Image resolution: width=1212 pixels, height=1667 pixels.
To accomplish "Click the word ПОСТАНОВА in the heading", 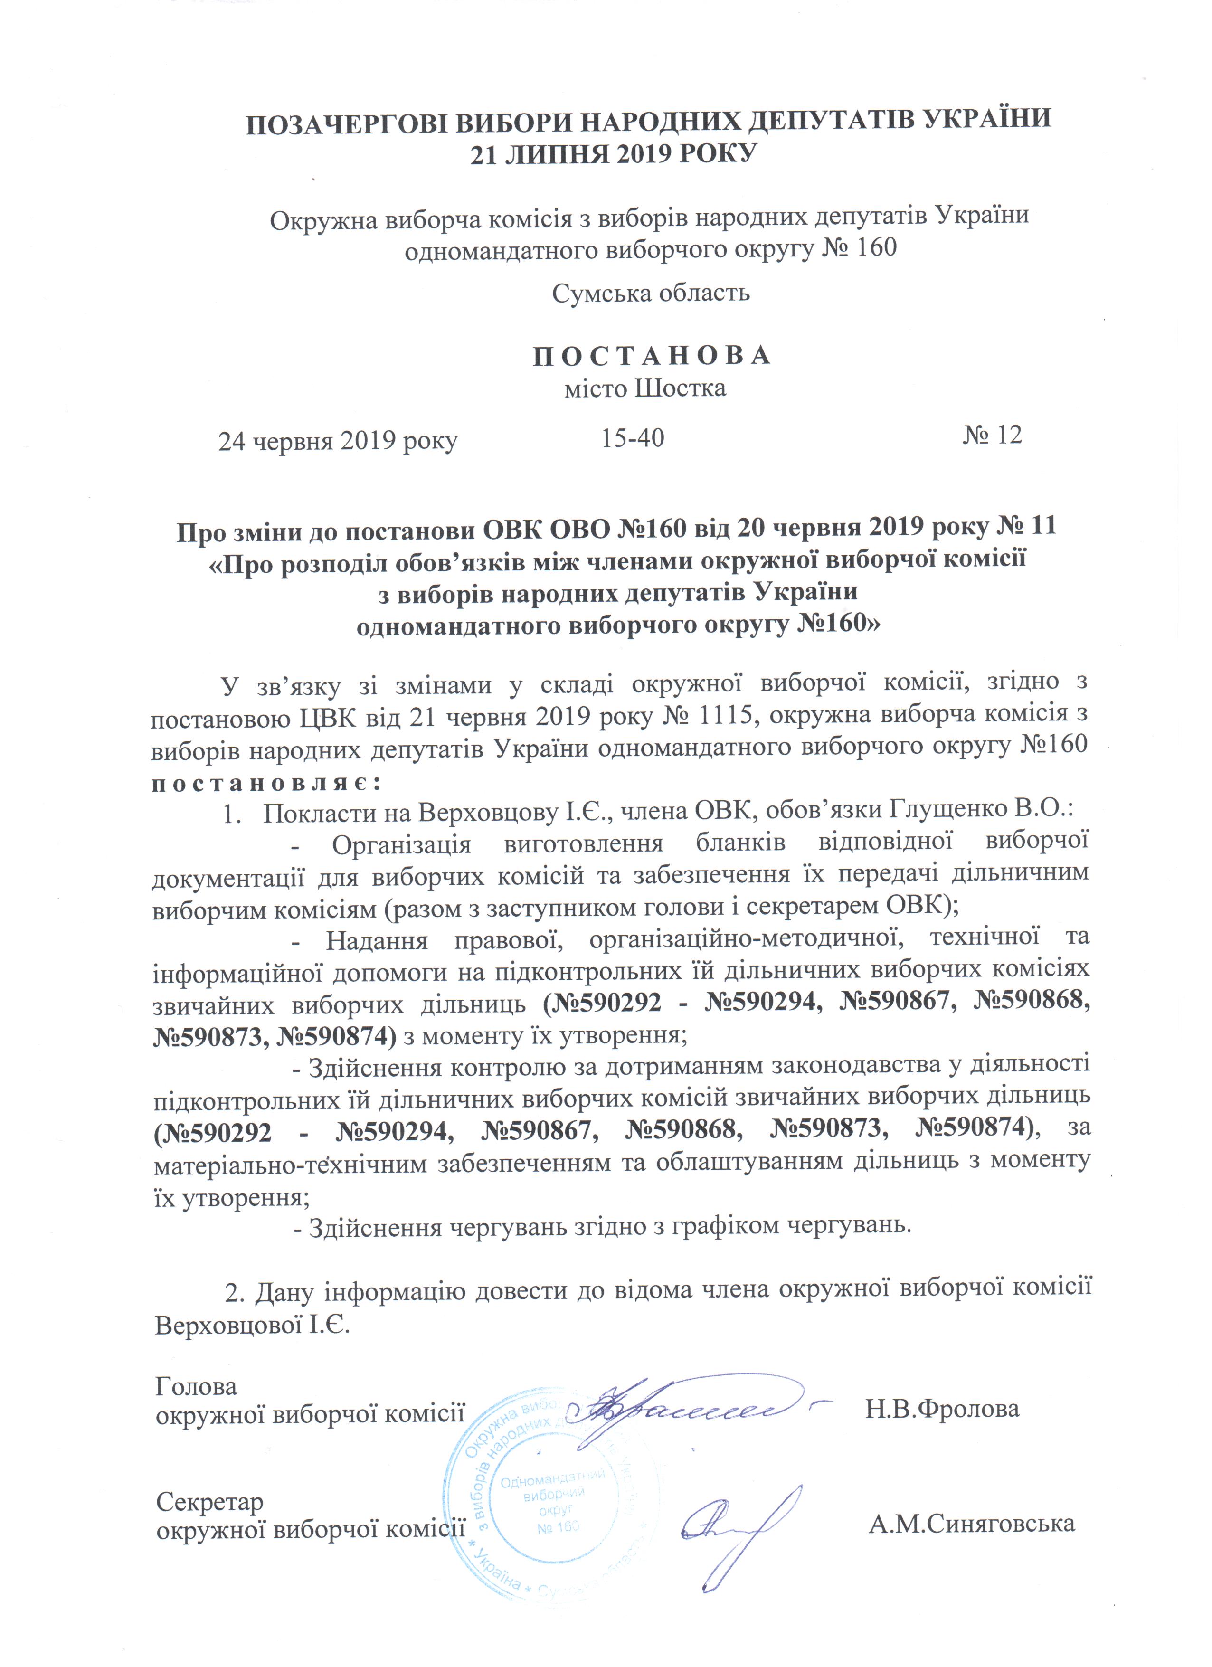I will [x=651, y=356].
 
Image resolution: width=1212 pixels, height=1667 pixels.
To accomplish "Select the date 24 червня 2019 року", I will [x=338, y=441].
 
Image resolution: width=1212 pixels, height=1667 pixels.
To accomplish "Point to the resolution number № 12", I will [x=992, y=435].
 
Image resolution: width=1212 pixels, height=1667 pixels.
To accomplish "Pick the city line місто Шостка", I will [x=644, y=388].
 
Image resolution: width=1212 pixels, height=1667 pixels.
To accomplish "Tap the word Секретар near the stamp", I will [x=209, y=1502].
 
